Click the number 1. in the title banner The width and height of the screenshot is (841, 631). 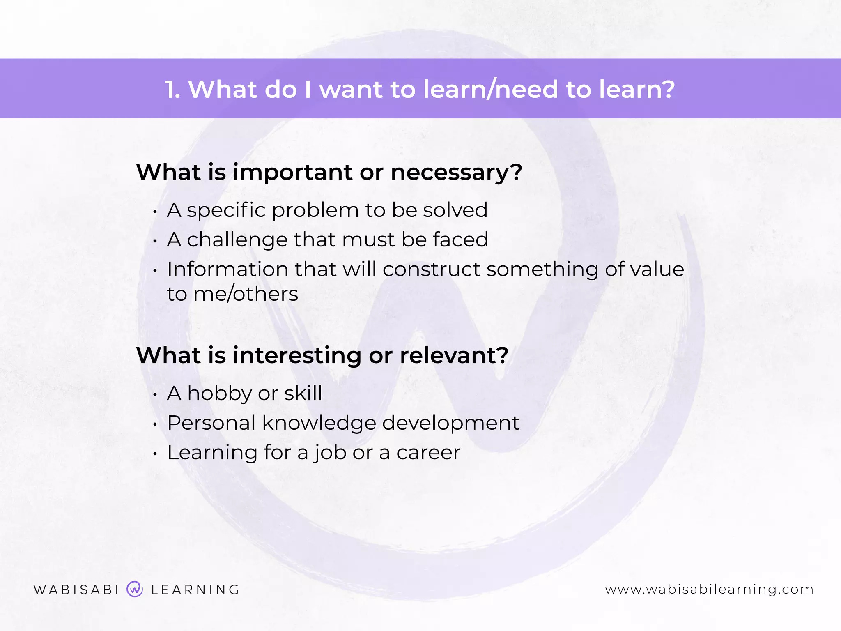point(172,90)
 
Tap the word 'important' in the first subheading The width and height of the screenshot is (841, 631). point(292,173)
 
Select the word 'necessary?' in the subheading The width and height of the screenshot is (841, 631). point(456,173)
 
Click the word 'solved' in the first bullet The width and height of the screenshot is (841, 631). point(455,210)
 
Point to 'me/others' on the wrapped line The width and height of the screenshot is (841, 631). point(246,294)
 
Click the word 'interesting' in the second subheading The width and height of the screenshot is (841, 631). point(297,355)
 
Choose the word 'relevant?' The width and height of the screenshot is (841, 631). point(454,355)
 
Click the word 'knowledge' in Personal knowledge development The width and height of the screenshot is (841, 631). point(319,424)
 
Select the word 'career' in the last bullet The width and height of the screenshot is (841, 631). point(428,453)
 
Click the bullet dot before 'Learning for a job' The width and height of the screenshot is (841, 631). point(155,454)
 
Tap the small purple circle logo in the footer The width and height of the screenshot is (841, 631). point(135,589)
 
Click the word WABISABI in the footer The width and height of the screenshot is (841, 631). point(76,590)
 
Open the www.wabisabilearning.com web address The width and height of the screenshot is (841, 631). point(709,590)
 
